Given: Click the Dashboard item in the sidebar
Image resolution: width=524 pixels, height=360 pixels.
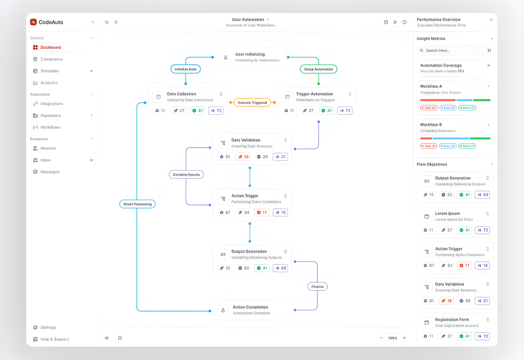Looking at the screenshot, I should pyautogui.click(x=50, y=47).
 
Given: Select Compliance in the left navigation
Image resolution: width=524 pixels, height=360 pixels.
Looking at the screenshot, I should pyautogui.click(x=51, y=59).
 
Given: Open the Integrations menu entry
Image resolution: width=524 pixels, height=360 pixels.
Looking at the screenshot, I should pyautogui.click(x=51, y=104).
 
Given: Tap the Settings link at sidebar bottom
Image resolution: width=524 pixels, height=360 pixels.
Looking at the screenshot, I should pyautogui.click(x=48, y=328).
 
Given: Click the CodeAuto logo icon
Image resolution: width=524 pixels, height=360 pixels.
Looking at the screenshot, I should pyautogui.click(x=34, y=22).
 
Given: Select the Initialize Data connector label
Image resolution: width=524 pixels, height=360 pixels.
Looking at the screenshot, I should pyautogui.click(x=185, y=69).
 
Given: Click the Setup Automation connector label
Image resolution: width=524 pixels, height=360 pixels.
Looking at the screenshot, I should pyautogui.click(x=319, y=69).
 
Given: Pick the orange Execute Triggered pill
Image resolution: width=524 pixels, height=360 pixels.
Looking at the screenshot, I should pyautogui.click(x=252, y=102).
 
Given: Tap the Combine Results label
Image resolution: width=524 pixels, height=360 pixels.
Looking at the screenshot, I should pyautogui.click(x=186, y=174).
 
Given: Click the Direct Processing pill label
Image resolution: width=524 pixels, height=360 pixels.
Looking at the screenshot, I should pyautogui.click(x=137, y=204).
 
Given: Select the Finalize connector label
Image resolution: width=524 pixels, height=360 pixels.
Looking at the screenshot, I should pyautogui.click(x=318, y=286).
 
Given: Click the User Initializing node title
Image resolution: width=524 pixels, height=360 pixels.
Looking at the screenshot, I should pyautogui.click(x=250, y=54).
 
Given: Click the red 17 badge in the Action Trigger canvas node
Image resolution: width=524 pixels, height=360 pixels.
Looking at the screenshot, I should pyautogui.click(x=261, y=212).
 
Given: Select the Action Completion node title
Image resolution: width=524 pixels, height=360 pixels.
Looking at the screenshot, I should pyautogui.click(x=250, y=307).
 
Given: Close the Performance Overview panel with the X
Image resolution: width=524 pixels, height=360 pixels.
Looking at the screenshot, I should pyautogui.click(x=491, y=19).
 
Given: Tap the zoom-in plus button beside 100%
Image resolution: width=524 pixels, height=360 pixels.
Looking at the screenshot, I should pyautogui.click(x=404, y=338).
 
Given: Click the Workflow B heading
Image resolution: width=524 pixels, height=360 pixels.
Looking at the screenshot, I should pyautogui.click(x=431, y=125).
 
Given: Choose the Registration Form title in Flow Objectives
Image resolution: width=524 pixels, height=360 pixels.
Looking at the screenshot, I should pyautogui.click(x=452, y=319).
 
